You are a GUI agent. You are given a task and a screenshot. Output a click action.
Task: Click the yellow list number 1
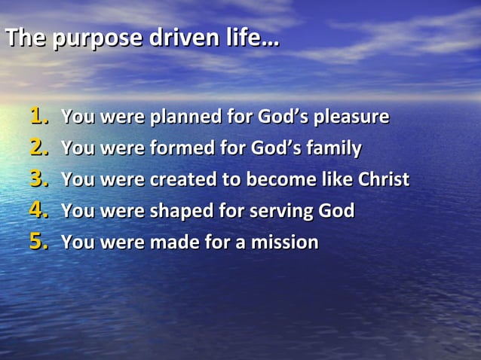38,117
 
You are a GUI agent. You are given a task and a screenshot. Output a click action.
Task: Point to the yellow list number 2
38,148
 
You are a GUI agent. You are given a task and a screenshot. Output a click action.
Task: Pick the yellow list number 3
38,180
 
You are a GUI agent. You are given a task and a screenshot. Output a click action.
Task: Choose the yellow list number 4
38,211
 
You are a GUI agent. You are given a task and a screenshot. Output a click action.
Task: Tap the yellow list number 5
38,243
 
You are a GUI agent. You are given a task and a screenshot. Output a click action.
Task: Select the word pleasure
352,118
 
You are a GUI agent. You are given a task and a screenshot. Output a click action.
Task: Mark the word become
277,180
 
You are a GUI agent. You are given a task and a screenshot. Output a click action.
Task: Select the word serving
285,212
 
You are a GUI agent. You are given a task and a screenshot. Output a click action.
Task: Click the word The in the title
23,38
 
